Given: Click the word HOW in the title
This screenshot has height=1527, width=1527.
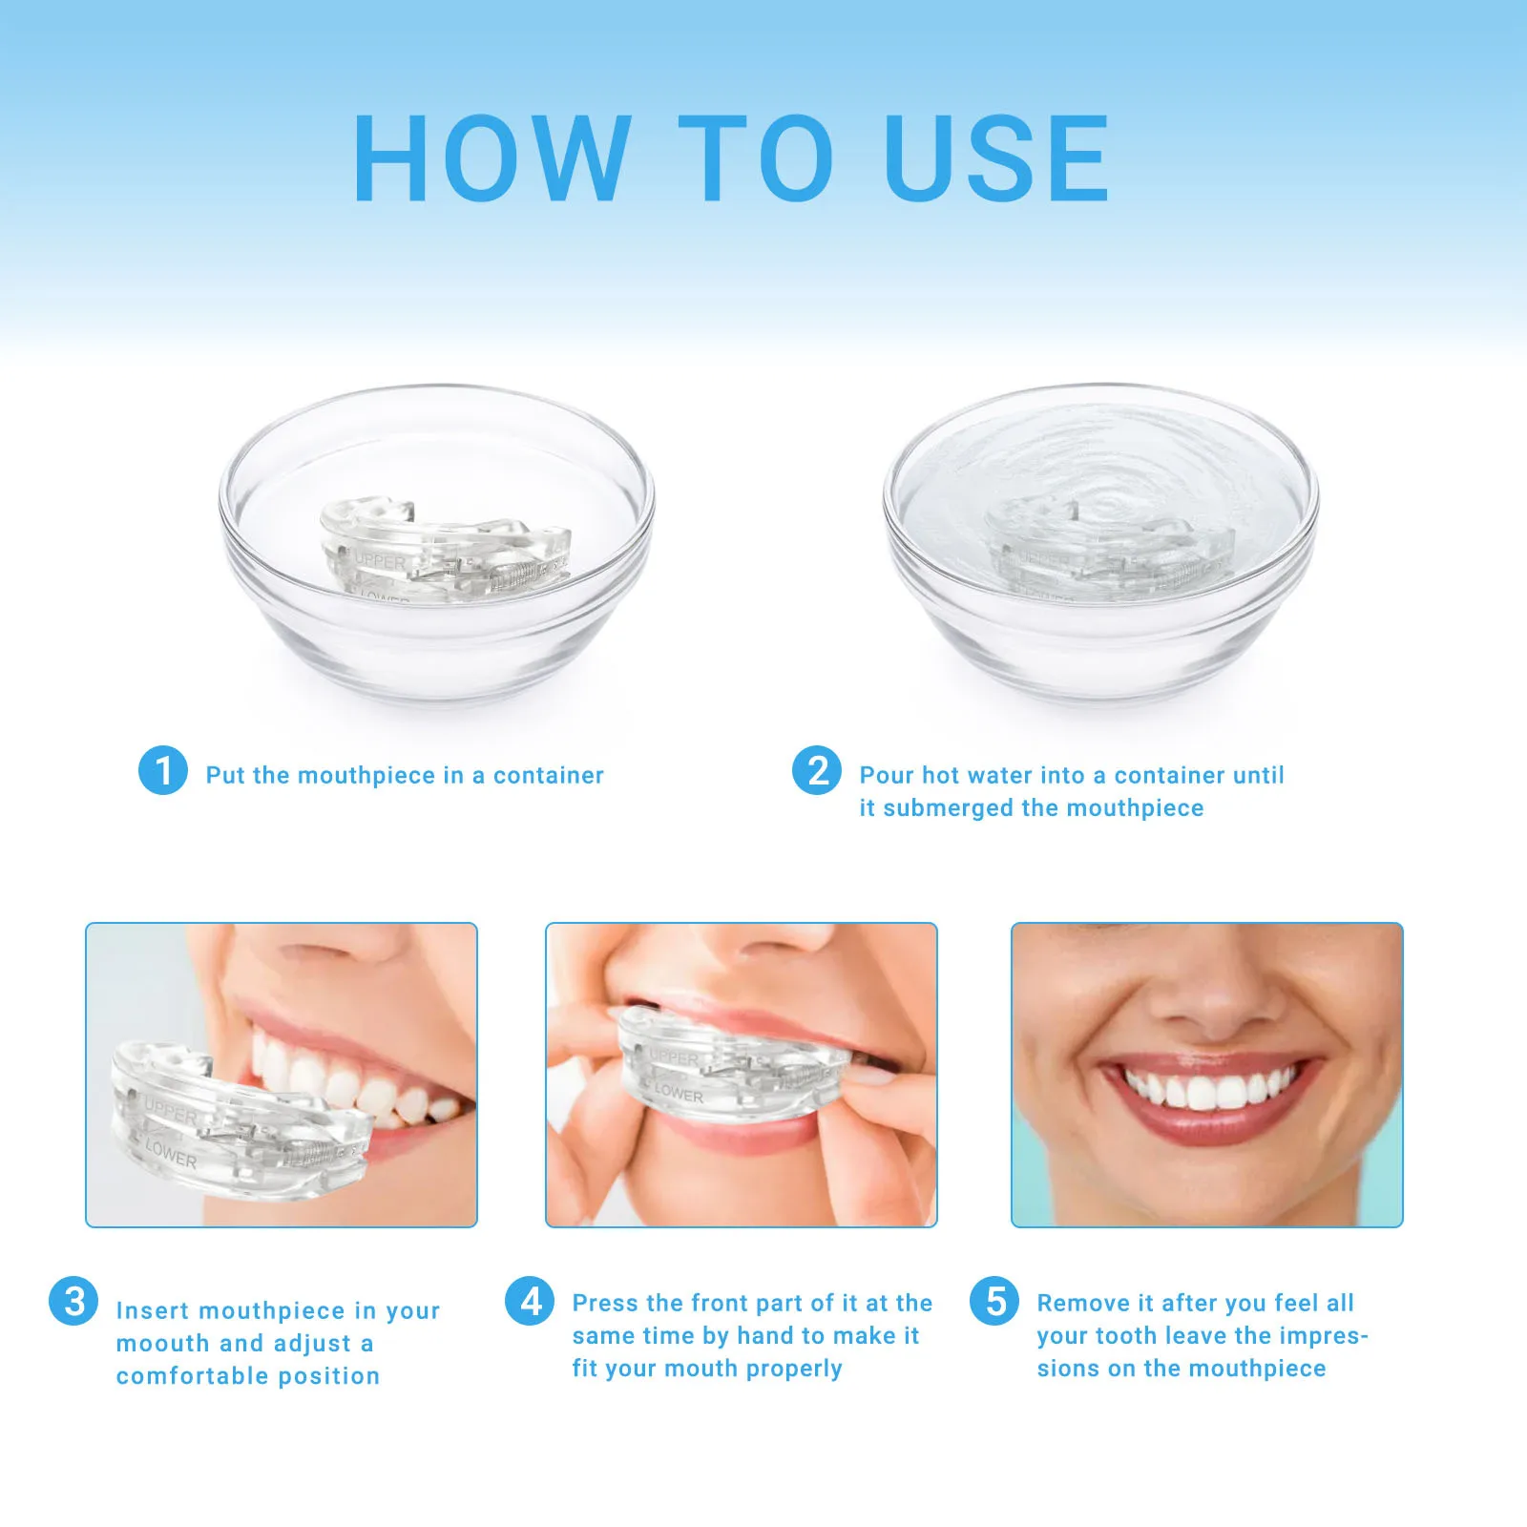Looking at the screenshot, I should pos(492,158).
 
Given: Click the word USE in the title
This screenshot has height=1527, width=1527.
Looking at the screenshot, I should pos(996,158).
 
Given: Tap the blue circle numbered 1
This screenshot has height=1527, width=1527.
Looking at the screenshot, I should pos(163,770).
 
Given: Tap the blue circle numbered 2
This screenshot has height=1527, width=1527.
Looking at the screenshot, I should pos(817,770).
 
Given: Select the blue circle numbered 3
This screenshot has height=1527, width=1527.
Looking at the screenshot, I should pos(73,1302).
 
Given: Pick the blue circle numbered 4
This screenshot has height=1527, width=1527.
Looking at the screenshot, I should pos(530,1301).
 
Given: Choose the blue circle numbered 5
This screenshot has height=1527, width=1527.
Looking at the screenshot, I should pos(994,1301).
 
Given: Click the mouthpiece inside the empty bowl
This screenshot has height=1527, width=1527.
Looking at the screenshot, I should pos(444,552).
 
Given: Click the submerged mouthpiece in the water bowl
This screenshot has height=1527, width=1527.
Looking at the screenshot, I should pos(1107,552).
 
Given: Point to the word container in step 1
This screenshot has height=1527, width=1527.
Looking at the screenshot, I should pos(548,776).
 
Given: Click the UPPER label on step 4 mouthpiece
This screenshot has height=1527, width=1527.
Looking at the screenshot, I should pos(674,1057).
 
